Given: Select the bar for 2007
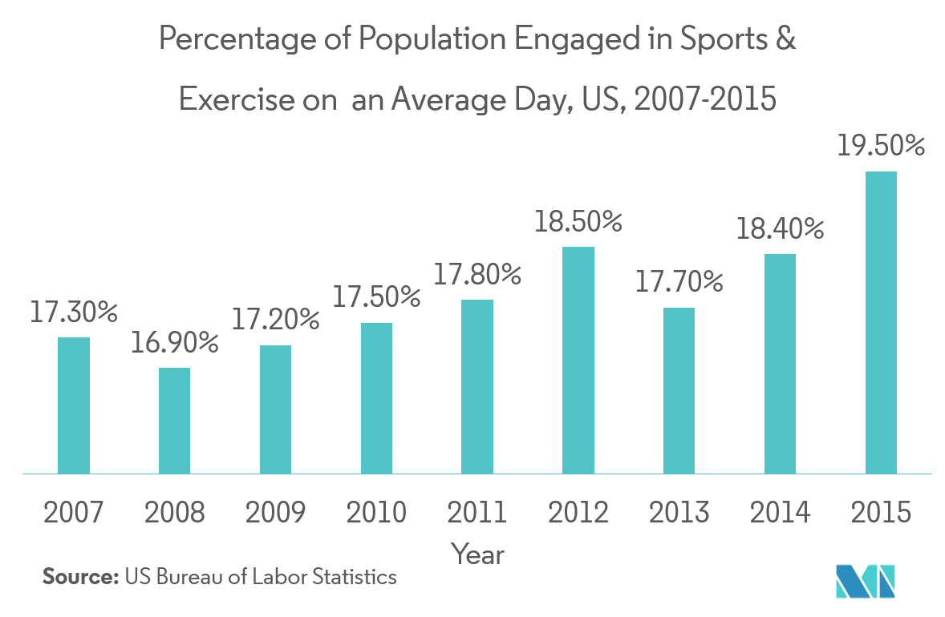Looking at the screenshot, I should tap(74, 405).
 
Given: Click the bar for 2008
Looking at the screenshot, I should tap(174, 421).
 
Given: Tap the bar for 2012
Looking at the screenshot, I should tap(578, 360).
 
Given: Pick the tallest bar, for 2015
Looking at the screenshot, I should tap(881, 322).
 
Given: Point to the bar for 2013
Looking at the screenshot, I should tap(679, 390).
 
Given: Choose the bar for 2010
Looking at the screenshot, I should tap(376, 398).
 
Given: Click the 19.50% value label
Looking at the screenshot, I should tap(881, 147).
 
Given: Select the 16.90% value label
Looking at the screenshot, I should tap(175, 344).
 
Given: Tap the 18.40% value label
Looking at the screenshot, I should tap(781, 230).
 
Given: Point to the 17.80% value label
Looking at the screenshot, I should tap(477, 276).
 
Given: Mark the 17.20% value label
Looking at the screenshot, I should tap(276, 321).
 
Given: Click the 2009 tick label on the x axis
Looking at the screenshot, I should tap(275, 512).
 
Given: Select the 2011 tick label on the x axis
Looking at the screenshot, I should tap(477, 512).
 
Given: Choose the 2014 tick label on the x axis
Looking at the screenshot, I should tap(781, 512).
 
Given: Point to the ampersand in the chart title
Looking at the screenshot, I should tap(786, 39).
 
